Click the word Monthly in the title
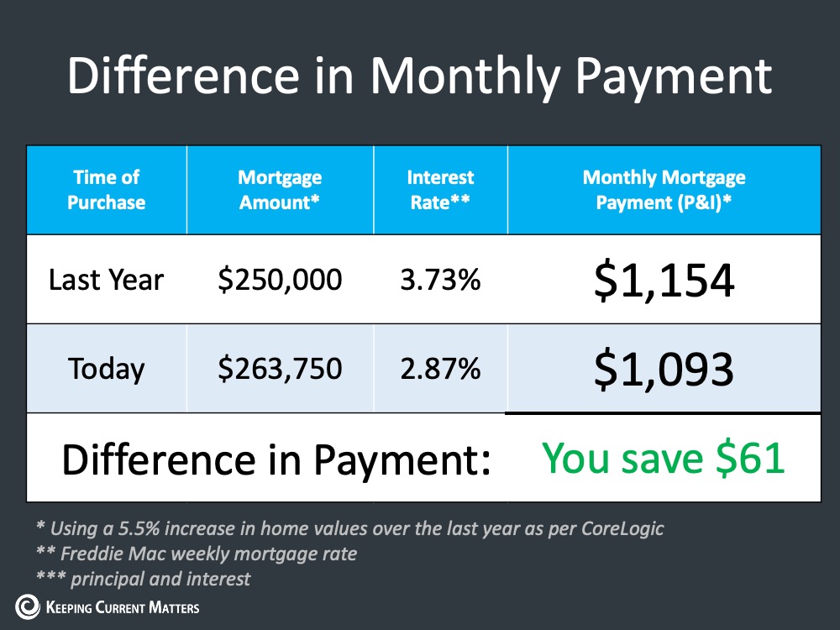point(465,76)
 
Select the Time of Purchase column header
point(106,190)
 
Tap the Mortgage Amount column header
point(280,190)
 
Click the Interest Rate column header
point(440,190)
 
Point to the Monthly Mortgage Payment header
point(664,190)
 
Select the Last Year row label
point(106,280)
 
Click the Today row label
point(106,369)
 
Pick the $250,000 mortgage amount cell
point(280,280)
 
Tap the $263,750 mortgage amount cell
point(280,369)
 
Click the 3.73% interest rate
point(440,280)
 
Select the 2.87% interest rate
point(440,369)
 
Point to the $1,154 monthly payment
point(664,281)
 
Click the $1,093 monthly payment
point(664,369)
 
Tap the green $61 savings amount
point(750,459)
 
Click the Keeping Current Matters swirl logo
point(28,607)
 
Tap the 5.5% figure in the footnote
point(139,528)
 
